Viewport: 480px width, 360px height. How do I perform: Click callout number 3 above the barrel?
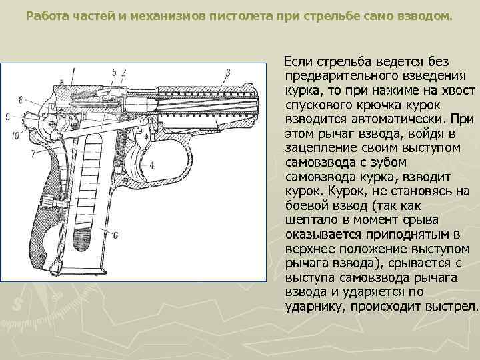click(x=227, y=71)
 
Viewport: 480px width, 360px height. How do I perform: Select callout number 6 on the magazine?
click(x=115, y=235)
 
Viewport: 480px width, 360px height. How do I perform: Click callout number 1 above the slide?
click(x=73, y=70)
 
